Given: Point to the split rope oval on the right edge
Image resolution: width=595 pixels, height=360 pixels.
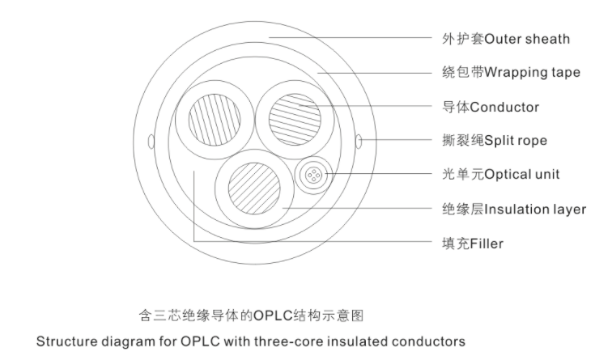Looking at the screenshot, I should (x=359, y=143).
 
